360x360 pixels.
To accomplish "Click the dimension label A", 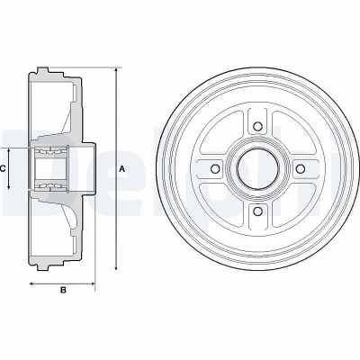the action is click(121, 169).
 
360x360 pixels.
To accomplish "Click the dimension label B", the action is click(63, 290).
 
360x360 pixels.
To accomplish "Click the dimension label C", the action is click(3, 169).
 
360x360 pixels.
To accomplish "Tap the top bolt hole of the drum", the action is click(257, 126).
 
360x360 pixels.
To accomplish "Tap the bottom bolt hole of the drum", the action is click(257, 211).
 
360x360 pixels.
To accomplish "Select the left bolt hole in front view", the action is click(215, 169).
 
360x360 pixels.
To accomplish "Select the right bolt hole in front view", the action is click(300, 169).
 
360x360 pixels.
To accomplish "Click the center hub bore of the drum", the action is click(257, 168).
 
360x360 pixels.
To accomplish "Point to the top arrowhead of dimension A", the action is click(116, 70).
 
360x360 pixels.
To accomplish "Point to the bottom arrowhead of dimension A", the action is click(116, 267).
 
